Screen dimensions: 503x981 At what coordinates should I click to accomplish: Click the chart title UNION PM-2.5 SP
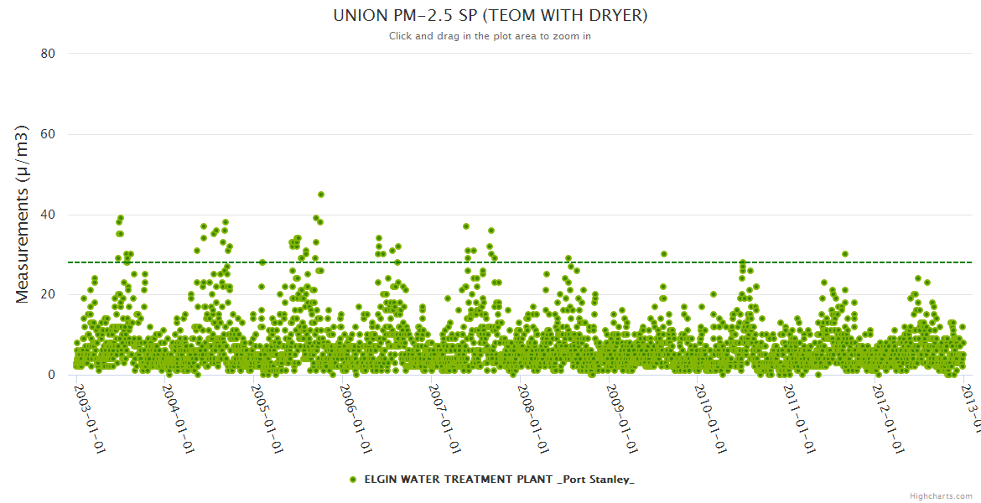click(490, 16)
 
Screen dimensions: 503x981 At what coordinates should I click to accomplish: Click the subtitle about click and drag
click(490, 36)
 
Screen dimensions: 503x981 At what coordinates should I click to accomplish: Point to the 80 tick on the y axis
click(48, 54)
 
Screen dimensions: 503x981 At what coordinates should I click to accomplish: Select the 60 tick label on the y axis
click(48, 134)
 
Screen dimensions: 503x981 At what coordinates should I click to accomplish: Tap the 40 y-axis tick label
click(48, 215)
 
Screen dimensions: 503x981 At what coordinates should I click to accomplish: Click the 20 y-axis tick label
click(48, 294)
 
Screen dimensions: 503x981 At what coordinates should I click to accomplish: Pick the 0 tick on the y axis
click(51, 375)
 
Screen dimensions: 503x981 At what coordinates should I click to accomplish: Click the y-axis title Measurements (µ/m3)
click(23, 214)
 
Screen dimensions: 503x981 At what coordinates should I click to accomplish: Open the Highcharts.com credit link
click(941, 496)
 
